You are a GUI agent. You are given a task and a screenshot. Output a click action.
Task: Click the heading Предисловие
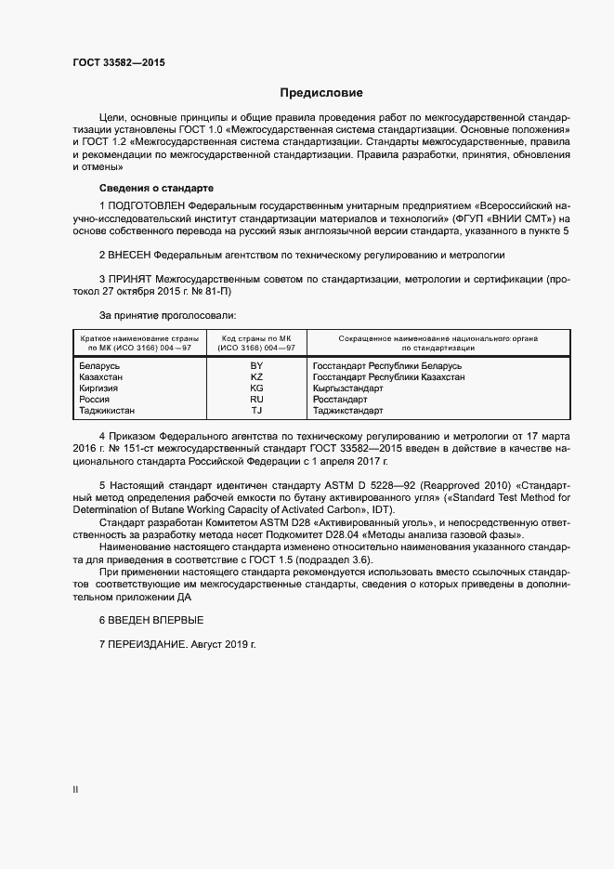(x=321, y=93)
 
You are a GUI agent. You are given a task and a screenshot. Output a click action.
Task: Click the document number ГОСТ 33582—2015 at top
(x=118, y=63)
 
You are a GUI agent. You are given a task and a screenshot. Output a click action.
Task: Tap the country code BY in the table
(x=257, y=366)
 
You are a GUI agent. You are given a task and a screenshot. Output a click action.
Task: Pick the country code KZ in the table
(x=257, y=377)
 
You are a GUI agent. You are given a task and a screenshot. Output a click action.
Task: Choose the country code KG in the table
(x=257, y=388)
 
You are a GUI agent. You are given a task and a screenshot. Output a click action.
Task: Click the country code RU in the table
(x=257, y=399)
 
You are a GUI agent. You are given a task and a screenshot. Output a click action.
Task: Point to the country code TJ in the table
(x=257, y=410)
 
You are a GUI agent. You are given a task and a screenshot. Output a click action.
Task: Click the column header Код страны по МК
(x=256, y=338)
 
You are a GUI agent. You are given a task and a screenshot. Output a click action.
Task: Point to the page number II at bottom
(x=75, y=790)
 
